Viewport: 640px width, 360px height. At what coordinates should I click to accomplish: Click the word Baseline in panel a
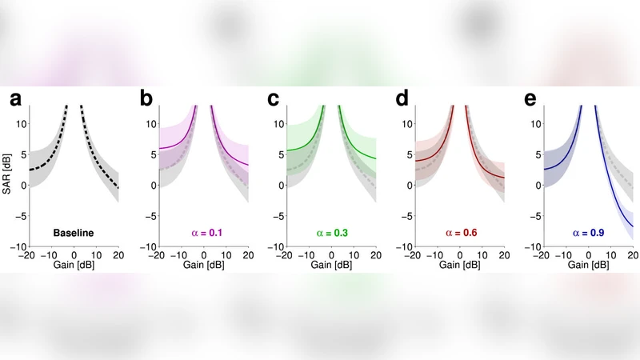[74, 233]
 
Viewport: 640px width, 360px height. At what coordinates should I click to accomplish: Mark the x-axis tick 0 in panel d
[461, 255]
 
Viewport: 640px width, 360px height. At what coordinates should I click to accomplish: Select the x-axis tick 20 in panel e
[632, 255]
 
